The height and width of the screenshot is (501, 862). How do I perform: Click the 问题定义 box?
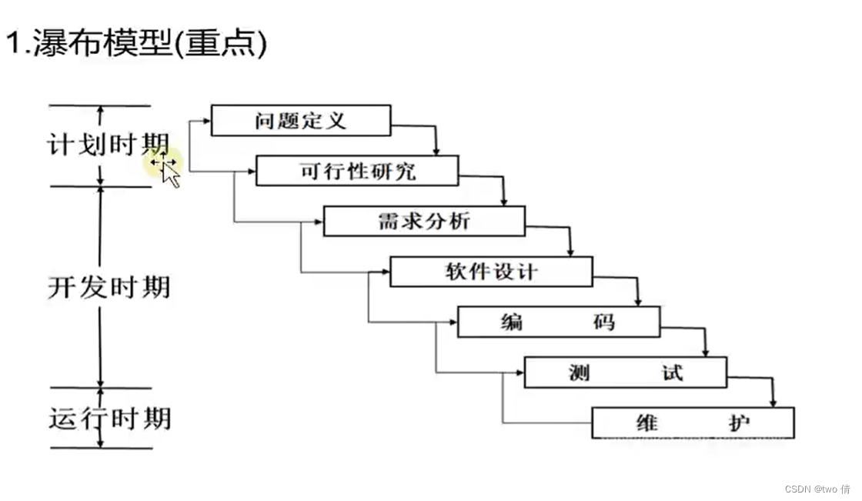click(x=300, y=121)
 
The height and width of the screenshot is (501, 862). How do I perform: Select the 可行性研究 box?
click(x=357, y=171)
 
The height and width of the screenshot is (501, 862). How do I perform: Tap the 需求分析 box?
click(x=424, y=221)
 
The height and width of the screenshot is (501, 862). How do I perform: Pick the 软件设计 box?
click(x=491, y=272)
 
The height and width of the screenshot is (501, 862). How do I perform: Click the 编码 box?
click(x=558, y=322)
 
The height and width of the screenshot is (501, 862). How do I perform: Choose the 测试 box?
click(x=625, y=372)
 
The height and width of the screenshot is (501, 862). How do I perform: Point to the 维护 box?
click(x=692, y=423)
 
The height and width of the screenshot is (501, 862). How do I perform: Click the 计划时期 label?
click(x=109, y=145)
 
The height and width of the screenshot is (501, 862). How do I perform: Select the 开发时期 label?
click(x=109, y=286)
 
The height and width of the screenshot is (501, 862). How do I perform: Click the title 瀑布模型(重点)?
click(x=137, y=43)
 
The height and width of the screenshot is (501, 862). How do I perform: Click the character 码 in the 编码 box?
click(x=605, y=322)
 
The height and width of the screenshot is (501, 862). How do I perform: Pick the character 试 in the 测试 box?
click(x=671, y=372)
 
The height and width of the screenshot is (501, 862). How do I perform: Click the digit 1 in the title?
click(x=13, y=44)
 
